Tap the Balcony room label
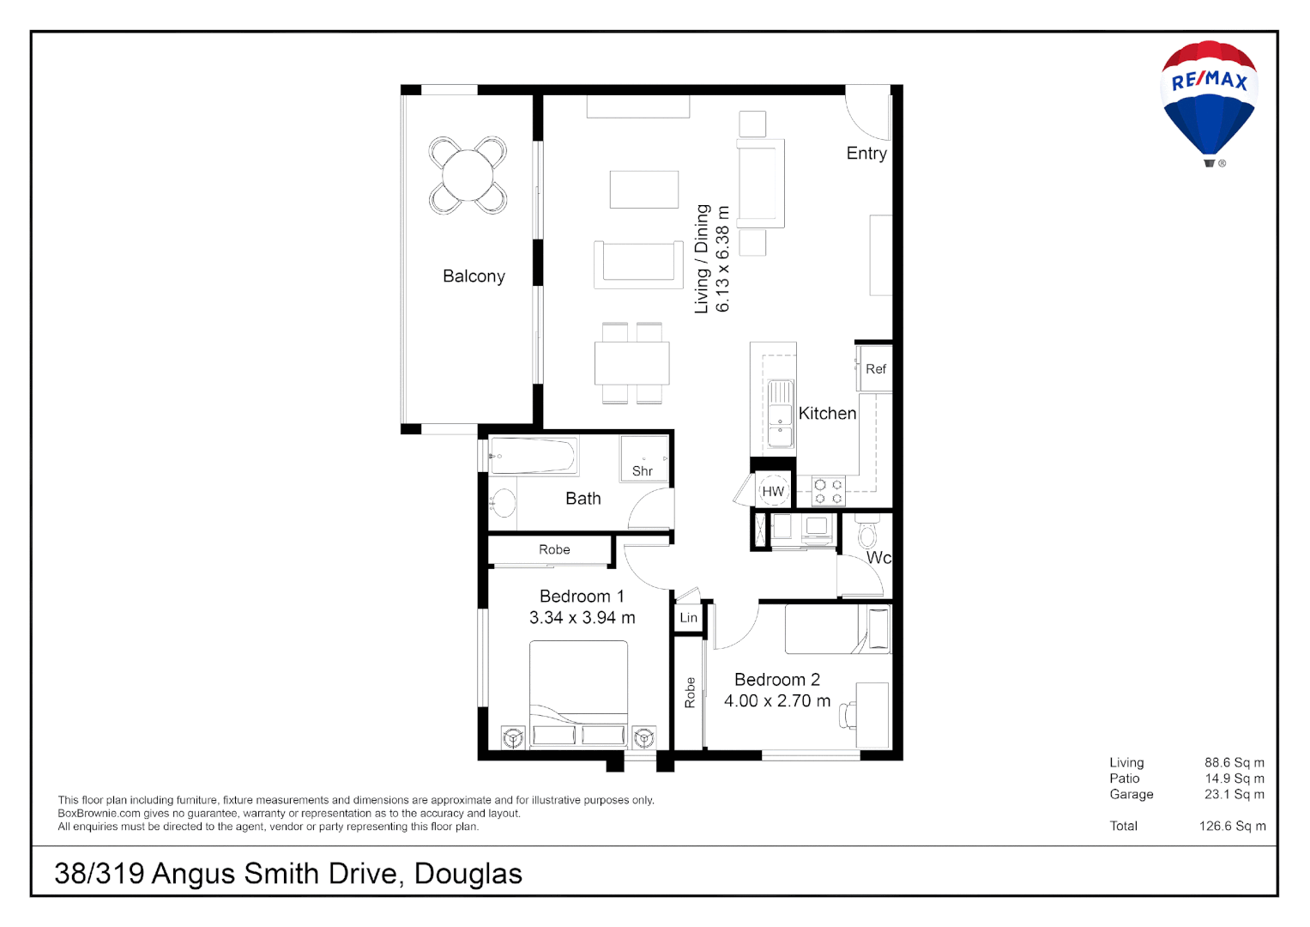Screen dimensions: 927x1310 point(474,276)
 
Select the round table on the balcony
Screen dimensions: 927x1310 point(468,175)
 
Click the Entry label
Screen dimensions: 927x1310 point(866,154)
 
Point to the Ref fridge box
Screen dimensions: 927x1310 point(876,369)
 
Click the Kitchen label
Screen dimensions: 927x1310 point(827,414)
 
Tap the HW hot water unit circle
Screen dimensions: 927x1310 point(773,492)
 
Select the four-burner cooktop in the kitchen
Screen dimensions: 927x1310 point(829,492)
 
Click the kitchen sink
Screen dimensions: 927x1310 point(781,415)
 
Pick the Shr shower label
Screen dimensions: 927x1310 point(643,471)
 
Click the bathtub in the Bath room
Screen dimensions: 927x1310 point(533,456)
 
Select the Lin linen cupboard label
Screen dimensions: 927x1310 point(689,618)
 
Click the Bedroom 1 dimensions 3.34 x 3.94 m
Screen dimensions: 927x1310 point(582,618)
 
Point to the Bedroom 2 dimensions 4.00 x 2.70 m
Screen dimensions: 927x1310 point(777,701)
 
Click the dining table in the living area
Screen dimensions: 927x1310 point(632,363)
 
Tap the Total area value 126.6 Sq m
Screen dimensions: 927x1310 point(1232,827)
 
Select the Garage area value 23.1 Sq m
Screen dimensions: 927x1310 point(1234,795)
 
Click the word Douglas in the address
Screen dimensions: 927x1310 point(468,874)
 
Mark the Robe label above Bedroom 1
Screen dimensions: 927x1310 point(554,550)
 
